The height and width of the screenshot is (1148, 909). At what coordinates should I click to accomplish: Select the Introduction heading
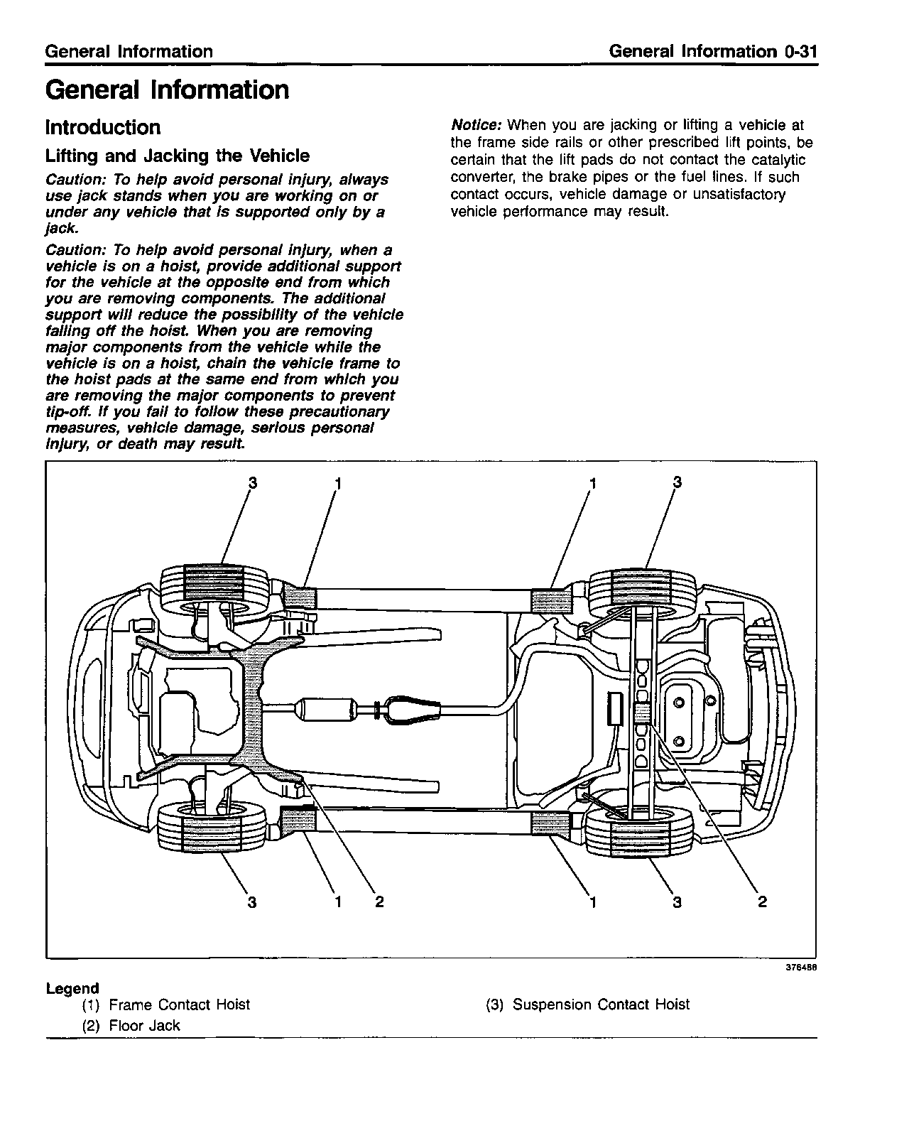point(103,128)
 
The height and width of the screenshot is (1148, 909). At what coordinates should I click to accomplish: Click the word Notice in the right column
point(477,126)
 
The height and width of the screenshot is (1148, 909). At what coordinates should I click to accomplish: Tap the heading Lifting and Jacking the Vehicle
point(178,156)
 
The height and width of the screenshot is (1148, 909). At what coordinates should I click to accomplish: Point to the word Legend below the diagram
point(72,988)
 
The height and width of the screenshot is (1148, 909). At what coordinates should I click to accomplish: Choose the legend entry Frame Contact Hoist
point(179,1004)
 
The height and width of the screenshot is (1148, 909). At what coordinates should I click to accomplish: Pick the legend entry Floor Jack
point(144,1026)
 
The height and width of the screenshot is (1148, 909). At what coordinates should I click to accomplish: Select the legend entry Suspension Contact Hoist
point(601,1004)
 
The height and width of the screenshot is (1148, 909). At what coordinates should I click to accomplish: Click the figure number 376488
point(800,968)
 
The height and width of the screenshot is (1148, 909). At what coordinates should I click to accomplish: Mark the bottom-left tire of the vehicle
point(212,826)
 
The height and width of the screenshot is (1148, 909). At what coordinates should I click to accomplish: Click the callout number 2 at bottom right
point(762,901)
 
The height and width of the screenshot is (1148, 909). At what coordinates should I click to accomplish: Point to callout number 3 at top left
point(252,483)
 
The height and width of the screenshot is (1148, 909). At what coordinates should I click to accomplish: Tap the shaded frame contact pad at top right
point(551,600)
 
